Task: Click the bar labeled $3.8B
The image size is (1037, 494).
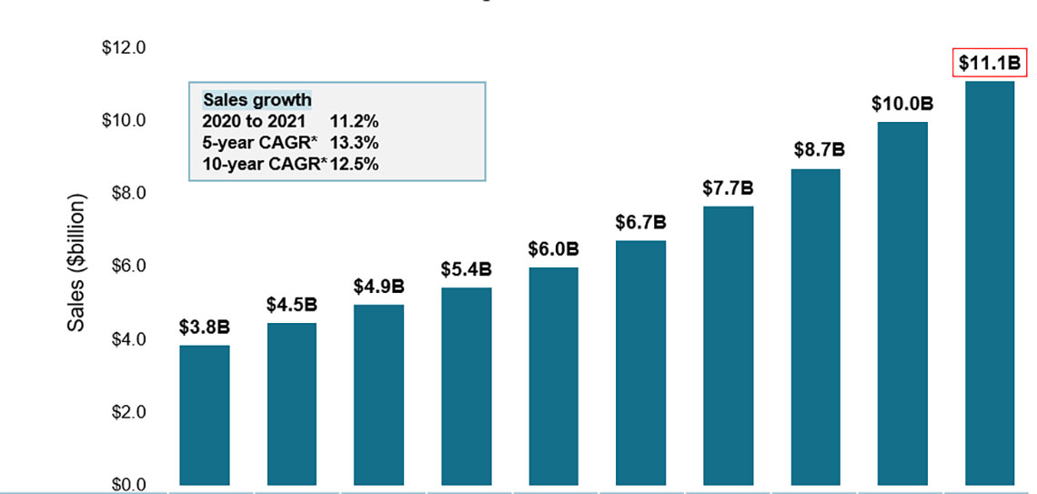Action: pos(205,415)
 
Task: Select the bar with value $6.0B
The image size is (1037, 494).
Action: pos(553,376)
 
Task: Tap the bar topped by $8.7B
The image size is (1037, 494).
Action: pos(815,327)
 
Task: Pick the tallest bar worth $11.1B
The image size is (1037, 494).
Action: pos(989,283)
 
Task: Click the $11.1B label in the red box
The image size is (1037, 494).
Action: pos(991,64)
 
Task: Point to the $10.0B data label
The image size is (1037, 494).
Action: pos(902,104)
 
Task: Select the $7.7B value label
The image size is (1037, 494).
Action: pos(728,188)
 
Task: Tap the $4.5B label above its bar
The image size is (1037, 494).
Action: pos(291,306)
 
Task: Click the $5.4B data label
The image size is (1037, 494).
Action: pos(466,269)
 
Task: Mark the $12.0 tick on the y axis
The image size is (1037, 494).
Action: pos(124,47)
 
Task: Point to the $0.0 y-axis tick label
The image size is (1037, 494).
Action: pos(127,485)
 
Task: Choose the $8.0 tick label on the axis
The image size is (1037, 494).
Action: pos(127,193)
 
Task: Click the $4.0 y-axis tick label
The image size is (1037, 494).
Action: pos(127,339)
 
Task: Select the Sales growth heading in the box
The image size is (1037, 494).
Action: pos(257,100)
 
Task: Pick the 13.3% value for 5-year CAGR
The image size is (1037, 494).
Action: pos(354,143)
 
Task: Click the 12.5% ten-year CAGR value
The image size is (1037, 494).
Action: pos(354,164)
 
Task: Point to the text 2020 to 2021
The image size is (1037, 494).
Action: pos(255,121)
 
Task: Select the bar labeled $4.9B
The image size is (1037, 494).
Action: pos(378,395)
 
